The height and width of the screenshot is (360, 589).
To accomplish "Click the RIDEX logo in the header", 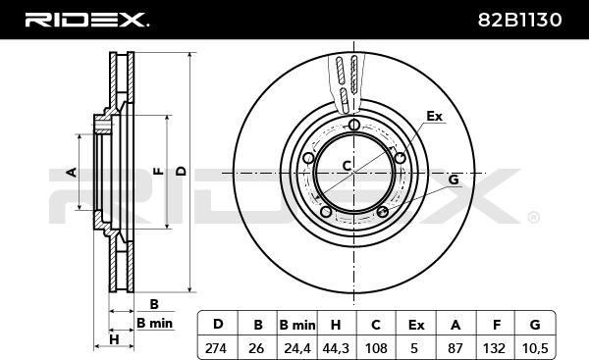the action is (86, 20).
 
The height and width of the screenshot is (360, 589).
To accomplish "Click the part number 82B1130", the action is (520, 20).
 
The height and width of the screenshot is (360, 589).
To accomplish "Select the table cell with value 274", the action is (218, 347).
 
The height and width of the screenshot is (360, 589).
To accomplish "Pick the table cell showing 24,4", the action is (297, 347).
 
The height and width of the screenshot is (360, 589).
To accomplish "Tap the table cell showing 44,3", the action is (337, 347).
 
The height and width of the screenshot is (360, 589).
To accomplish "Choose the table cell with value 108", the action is (376, 347).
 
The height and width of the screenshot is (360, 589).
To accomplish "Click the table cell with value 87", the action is (455, 347).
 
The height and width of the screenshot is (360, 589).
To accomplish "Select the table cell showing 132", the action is (495, 347).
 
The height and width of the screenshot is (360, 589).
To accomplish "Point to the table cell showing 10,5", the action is (535, 347).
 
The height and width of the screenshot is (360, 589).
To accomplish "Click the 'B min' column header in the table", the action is (297, 325).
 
